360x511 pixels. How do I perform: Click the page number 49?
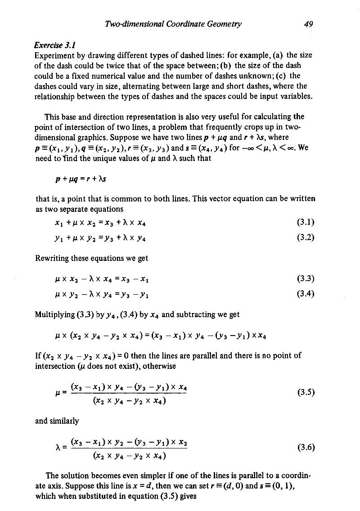click(308, 24)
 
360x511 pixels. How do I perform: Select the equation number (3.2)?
click(306, 238)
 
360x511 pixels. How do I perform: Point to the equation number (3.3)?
click(306, 278)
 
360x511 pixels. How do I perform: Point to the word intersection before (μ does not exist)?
click(55, 366)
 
